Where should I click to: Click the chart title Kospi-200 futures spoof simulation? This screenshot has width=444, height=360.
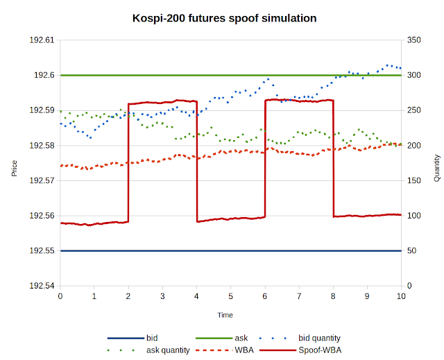(224, 19)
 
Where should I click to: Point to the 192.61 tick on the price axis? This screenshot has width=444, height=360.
(42, 40)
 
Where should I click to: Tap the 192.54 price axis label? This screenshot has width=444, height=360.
(42, 286)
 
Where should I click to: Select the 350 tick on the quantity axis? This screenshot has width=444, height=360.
(413, 40)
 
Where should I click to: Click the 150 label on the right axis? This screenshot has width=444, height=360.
(413, 180)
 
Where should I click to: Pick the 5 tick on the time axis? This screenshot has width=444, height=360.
(230, 296)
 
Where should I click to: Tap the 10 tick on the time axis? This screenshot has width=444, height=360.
(401, 296)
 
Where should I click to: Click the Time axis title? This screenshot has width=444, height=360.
(225, 315)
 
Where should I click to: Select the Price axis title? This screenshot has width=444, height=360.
(14, 169)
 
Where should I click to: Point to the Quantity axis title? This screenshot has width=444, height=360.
(437, 168)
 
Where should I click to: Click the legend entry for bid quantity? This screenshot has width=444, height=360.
(319, 338)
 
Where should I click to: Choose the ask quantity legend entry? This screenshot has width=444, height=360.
(168, 350)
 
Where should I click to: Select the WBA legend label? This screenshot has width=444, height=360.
(244, 350)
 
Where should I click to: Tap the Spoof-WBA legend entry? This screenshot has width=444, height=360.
(320, 350)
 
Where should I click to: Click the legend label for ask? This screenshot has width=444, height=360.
(241, 338)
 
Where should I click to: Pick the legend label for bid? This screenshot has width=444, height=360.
(152, 338)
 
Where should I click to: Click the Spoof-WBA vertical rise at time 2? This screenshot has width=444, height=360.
(128, 163)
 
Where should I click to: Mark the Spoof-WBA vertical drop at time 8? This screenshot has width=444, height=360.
(333, 158)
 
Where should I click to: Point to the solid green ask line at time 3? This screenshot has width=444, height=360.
(162, 76)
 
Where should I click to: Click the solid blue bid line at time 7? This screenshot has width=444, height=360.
(299, 251)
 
